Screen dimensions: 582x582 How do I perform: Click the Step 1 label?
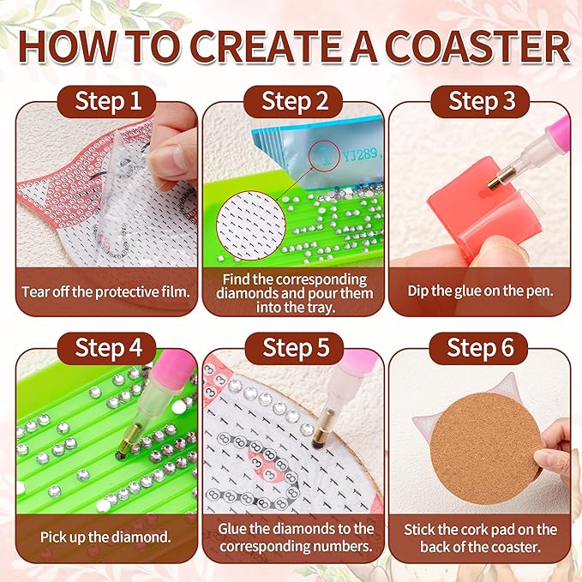(108, 101)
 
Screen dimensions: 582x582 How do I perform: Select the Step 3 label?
(483, 101)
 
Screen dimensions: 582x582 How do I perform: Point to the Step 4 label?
(108, 348)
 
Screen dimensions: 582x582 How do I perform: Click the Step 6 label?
(483, 348)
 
